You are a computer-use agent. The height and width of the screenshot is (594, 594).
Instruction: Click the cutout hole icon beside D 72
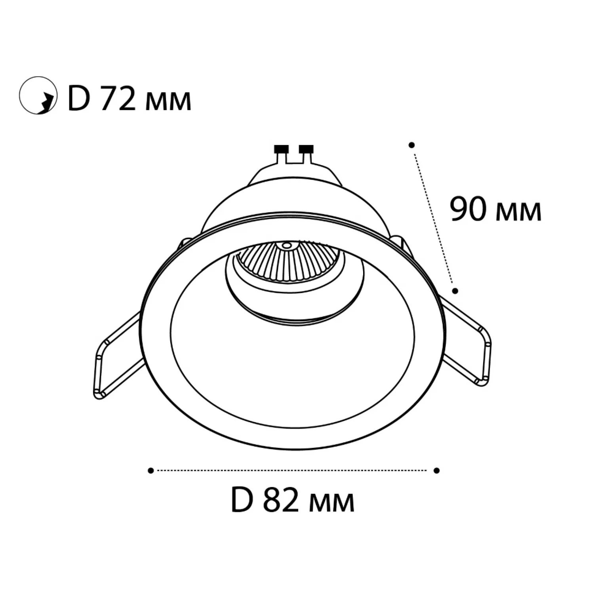pyautogui.click(x=38, y=95)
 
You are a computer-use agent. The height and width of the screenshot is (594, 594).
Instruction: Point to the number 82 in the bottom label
pyautogui.click(x=280, y=501)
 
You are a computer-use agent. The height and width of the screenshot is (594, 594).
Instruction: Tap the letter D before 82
pyautogui.click(x=242, y=501)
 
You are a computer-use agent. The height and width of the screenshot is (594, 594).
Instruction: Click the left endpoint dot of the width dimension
pyautogui.click(x=150, y=470)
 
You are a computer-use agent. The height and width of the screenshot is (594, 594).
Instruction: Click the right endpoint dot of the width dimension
pyautogui.click(x=437, y=470)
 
